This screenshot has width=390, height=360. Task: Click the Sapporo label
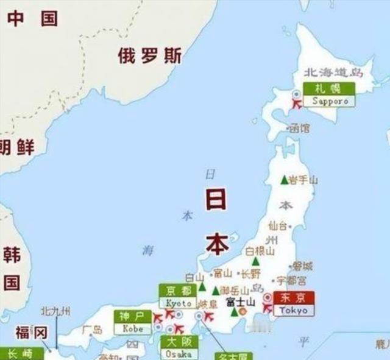point(330,101)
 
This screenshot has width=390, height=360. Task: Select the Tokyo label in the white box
point(294,311)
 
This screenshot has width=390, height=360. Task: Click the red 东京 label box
point(294,298)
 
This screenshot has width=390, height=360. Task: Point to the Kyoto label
point(179,303)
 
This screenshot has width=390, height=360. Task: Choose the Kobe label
point(133,328)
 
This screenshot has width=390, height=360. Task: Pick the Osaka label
point(179,354)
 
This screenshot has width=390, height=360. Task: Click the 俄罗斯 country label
point(150,57)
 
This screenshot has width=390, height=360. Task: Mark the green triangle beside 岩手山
point(283,180)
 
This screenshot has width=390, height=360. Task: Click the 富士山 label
point(240,302)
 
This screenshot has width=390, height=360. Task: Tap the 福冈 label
point(31,333)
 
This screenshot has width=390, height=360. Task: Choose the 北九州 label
point(55,312)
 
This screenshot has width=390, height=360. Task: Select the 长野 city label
point(250,274)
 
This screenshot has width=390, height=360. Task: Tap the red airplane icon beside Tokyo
point(268,308)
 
